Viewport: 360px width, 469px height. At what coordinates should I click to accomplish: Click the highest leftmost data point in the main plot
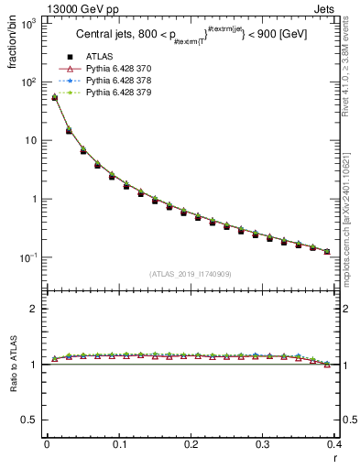pyautogui.click(x=54, y=97)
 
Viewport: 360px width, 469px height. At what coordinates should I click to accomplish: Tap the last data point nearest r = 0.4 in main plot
pyautogui.click(x=327, y=251)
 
